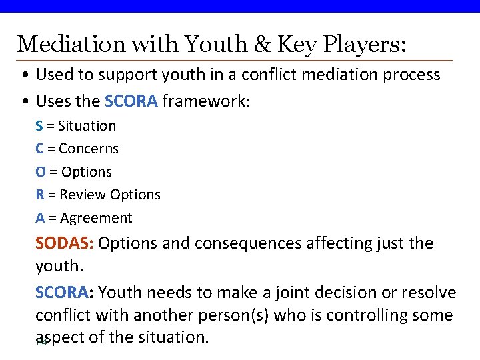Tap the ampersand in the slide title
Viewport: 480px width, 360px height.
pos(257,44)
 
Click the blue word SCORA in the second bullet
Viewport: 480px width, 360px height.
pos(131,101)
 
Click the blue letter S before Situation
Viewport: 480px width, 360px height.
pos(39,126)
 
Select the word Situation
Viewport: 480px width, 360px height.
pos(87,126)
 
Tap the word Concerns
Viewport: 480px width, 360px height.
pos(89,149)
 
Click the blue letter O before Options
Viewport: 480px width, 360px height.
pos(41,172)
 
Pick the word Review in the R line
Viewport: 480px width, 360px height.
pos(83,195)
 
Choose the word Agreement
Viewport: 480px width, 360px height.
pos(96,218)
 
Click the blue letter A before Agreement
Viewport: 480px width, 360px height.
pos(40,218)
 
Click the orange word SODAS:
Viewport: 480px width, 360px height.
pos(64,243)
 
